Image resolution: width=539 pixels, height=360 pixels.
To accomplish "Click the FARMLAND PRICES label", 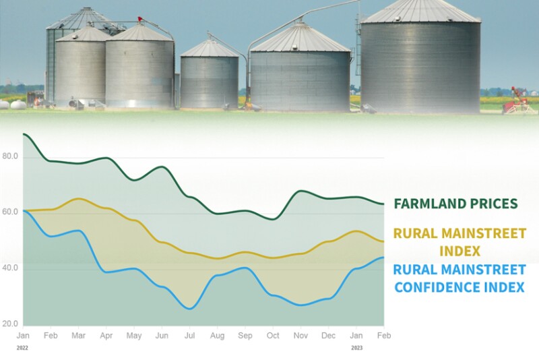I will (455, 204).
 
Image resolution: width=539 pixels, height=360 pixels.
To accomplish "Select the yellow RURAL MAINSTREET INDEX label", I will (459, 242).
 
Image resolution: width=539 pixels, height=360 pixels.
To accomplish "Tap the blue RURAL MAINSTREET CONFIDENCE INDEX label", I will (459, 278).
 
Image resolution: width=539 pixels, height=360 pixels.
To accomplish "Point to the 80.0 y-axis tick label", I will (10, 157).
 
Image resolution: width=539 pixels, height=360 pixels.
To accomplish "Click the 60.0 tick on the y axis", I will (10, 212).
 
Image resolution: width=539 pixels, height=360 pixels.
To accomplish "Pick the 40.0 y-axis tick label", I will (10, 268).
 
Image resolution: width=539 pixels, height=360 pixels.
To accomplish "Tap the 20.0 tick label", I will (10, 324).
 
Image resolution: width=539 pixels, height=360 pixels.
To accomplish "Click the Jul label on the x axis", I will (189, 335).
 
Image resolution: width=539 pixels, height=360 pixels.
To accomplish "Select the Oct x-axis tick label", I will (273, 335).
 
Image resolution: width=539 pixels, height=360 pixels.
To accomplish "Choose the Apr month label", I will (106, 335).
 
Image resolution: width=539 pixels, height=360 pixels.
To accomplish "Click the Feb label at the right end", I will (384, 335).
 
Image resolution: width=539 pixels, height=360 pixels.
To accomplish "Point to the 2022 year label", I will (23, 349).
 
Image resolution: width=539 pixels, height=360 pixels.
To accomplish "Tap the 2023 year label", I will (356, 349).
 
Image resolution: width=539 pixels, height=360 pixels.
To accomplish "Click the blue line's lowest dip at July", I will (191, 309).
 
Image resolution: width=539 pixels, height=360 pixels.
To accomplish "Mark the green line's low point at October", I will (273, 218).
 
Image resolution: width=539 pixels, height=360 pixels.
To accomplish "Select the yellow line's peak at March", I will (79, 199).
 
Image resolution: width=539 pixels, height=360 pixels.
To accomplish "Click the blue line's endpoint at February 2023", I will (383, 258).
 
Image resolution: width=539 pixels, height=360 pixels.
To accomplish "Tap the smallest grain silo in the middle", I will (210, 76).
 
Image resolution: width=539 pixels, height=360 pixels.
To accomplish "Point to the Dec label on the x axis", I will (328, 335).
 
